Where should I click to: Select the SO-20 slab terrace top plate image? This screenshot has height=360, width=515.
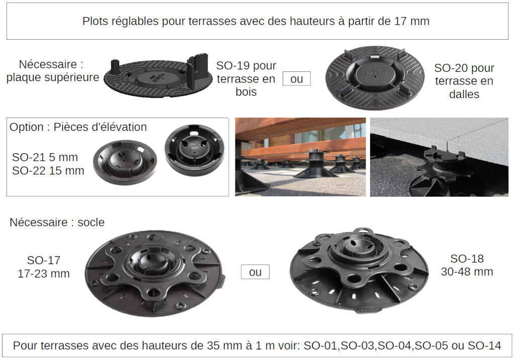pos(375,77)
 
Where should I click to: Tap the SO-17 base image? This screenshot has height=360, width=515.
pos(155,274)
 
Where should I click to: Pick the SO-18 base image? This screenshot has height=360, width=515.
pos(359,269)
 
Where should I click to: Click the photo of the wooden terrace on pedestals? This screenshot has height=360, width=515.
pos(300,157)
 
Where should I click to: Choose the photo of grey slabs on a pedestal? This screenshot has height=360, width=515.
pos(439,157)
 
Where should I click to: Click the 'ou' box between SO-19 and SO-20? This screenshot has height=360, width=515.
pos(297,79)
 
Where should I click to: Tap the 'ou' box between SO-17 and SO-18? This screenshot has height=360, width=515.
pos(255,272)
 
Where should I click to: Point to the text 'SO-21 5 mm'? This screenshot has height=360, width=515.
pos(45,157)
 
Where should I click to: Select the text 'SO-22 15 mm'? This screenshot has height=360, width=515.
pos(48,171)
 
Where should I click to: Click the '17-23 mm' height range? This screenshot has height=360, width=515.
pos(44,274)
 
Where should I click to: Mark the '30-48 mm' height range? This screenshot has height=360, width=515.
pos(467,272)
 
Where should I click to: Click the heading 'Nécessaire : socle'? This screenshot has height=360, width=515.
pos(57,222)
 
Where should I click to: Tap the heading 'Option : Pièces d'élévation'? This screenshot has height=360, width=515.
pos(78,127)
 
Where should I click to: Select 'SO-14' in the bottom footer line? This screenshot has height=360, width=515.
pos(484,345)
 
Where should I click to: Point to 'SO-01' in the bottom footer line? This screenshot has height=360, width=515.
pos(320,345)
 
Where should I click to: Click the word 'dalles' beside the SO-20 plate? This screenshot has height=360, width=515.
pos(464,94)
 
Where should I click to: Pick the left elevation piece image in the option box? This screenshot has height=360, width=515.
pos(125,162)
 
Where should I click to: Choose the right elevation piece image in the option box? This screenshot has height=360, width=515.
pos(195,150)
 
